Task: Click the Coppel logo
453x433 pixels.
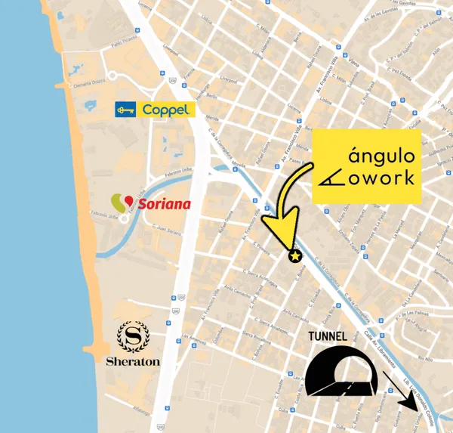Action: click(x=155, y=110)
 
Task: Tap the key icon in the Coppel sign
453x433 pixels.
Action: click(x=125, y=110)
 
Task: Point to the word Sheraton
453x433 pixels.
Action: click(x=133, y=361)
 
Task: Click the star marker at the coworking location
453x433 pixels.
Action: click(x=295, y=257)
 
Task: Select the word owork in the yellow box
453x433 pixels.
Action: click(x=387, y=179)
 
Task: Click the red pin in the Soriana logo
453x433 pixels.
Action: click(x=128, y=200)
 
